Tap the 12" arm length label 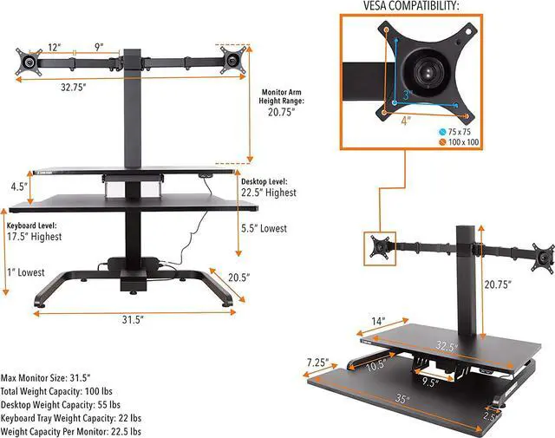tap(55, 47)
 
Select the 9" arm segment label tap(101, 47)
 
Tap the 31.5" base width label tap(133, 319)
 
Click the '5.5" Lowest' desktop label tap(264, 229)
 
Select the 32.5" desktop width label tap(447, 346)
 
